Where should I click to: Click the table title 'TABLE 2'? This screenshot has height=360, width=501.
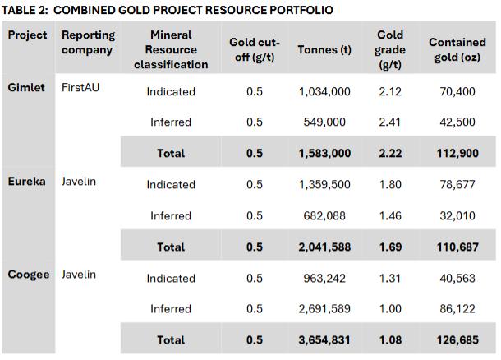point(25,10)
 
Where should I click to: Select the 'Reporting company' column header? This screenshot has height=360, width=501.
point(88,42)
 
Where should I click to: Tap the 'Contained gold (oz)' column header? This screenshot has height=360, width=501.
point(457,49)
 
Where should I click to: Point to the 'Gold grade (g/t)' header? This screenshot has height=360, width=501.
point(390,49)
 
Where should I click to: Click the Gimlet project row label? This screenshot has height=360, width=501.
point(26,87)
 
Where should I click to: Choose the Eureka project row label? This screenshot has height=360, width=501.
point(26,182)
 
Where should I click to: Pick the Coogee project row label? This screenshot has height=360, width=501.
point(29,275)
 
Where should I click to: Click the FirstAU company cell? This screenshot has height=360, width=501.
point(80,87)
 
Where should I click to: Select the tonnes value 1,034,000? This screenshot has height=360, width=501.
point(324,92)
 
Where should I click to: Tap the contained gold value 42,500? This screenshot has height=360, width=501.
point(457,122)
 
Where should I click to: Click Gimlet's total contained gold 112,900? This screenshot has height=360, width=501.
point(457,153)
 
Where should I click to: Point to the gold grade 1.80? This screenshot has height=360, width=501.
point(390,184)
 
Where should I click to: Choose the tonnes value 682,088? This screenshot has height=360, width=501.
point(324,216)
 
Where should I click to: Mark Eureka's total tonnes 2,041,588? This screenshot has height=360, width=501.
point(324,247)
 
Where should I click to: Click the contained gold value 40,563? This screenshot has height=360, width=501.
point(457,278)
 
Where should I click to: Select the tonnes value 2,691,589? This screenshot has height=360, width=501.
point(324,309)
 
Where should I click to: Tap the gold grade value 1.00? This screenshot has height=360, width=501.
point(390,309)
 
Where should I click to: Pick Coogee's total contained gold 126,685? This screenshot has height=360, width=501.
point(457,339)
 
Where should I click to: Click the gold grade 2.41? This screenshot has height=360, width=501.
point(389,122)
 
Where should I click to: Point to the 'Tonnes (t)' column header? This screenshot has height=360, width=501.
point(324,49)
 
